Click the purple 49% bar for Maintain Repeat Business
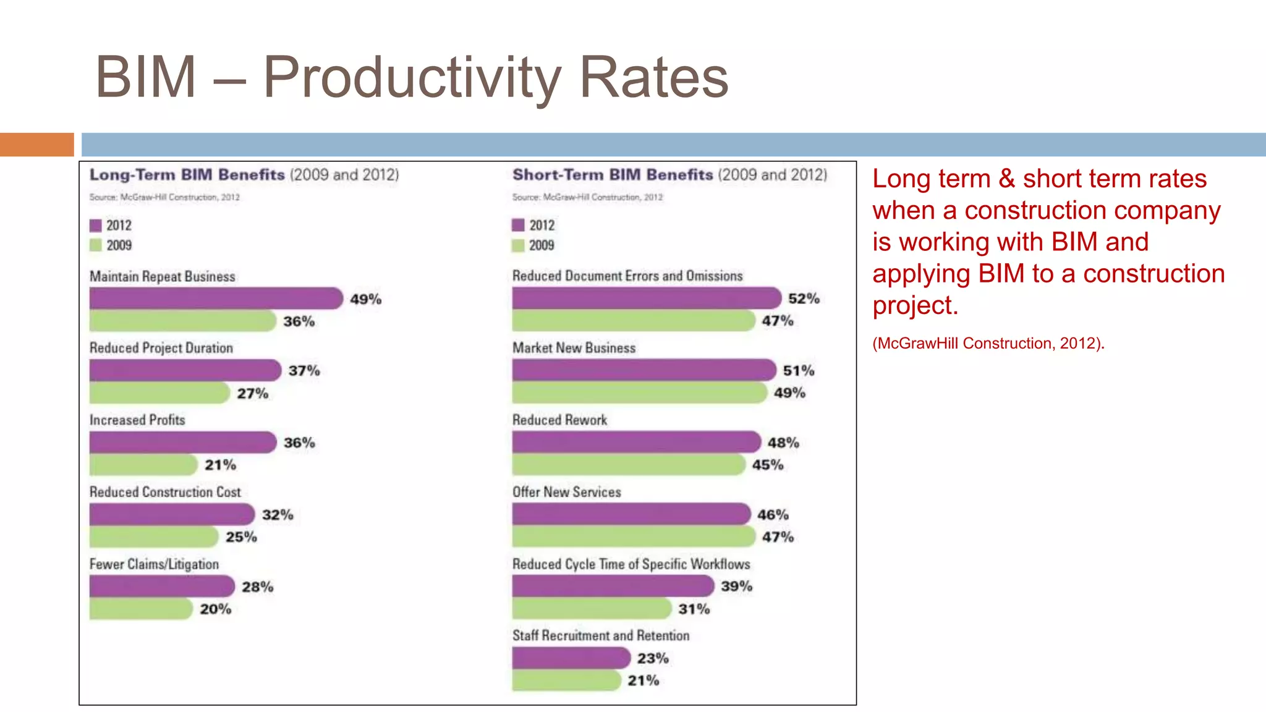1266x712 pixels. click(215, 299)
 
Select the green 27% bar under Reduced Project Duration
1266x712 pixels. click(159, 393)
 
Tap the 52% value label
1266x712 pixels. click(803, 299)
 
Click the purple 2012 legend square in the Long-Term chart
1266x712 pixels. click(95, 226)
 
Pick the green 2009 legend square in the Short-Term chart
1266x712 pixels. click(518, 245)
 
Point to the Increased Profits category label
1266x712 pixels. click(137, 420)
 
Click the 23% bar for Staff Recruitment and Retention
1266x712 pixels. click(571, 658)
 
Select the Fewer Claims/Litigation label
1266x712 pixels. click(154, 564)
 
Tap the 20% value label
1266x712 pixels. click(215, 609)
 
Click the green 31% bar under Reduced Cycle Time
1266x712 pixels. click(591, 609)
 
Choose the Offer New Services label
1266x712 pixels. click(566, 492)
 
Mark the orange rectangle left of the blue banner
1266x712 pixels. click(36, 145)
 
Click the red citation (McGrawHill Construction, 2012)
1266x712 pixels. click(988, 344)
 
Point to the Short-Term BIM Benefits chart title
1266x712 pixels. click(669, 175)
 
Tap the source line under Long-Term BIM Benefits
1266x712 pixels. click(164, 197)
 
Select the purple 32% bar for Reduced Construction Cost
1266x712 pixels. click(171, 514)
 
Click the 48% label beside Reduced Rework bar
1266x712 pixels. click(783, 443)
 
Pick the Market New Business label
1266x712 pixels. click(574, 348)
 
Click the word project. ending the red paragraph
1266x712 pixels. click(915, 305)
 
